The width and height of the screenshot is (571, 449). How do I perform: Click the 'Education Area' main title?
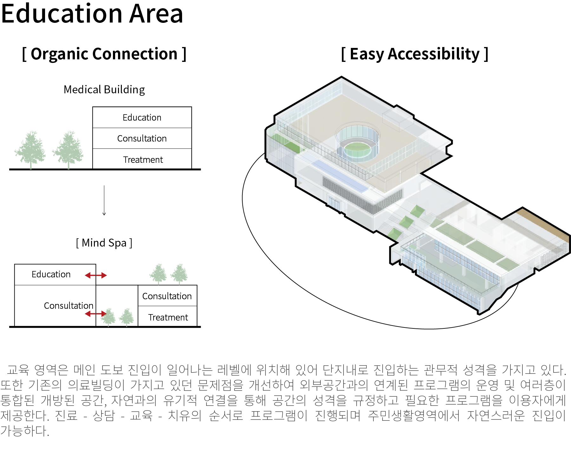click(92, 13)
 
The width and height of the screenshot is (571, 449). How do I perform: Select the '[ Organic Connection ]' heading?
click(104, 54)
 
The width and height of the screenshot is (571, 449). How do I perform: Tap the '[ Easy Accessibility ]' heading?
click(415, 54)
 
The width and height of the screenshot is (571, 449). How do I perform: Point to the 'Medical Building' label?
click(104, 89)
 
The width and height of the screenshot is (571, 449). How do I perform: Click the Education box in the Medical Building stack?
click(142, 117)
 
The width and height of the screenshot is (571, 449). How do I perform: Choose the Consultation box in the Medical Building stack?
click(142, 138)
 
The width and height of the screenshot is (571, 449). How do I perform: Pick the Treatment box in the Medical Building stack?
click(142, 159)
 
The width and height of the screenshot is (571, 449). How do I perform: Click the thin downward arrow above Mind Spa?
click(104, 201)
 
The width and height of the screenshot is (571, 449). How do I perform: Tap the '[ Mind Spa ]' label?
click(104, 243)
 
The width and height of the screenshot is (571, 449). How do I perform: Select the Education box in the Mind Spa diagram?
click(55, 274)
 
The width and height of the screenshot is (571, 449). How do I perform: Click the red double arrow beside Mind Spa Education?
click(96, 275)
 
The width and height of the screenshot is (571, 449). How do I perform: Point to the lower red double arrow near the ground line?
click(96, 314)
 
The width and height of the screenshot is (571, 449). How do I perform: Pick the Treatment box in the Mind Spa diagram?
click(167, 316)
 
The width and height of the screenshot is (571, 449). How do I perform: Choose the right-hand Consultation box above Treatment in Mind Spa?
click(167, 296)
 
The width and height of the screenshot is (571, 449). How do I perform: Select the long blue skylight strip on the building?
click(340, 176)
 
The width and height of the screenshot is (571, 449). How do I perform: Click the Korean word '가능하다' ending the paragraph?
click(25, 431)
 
